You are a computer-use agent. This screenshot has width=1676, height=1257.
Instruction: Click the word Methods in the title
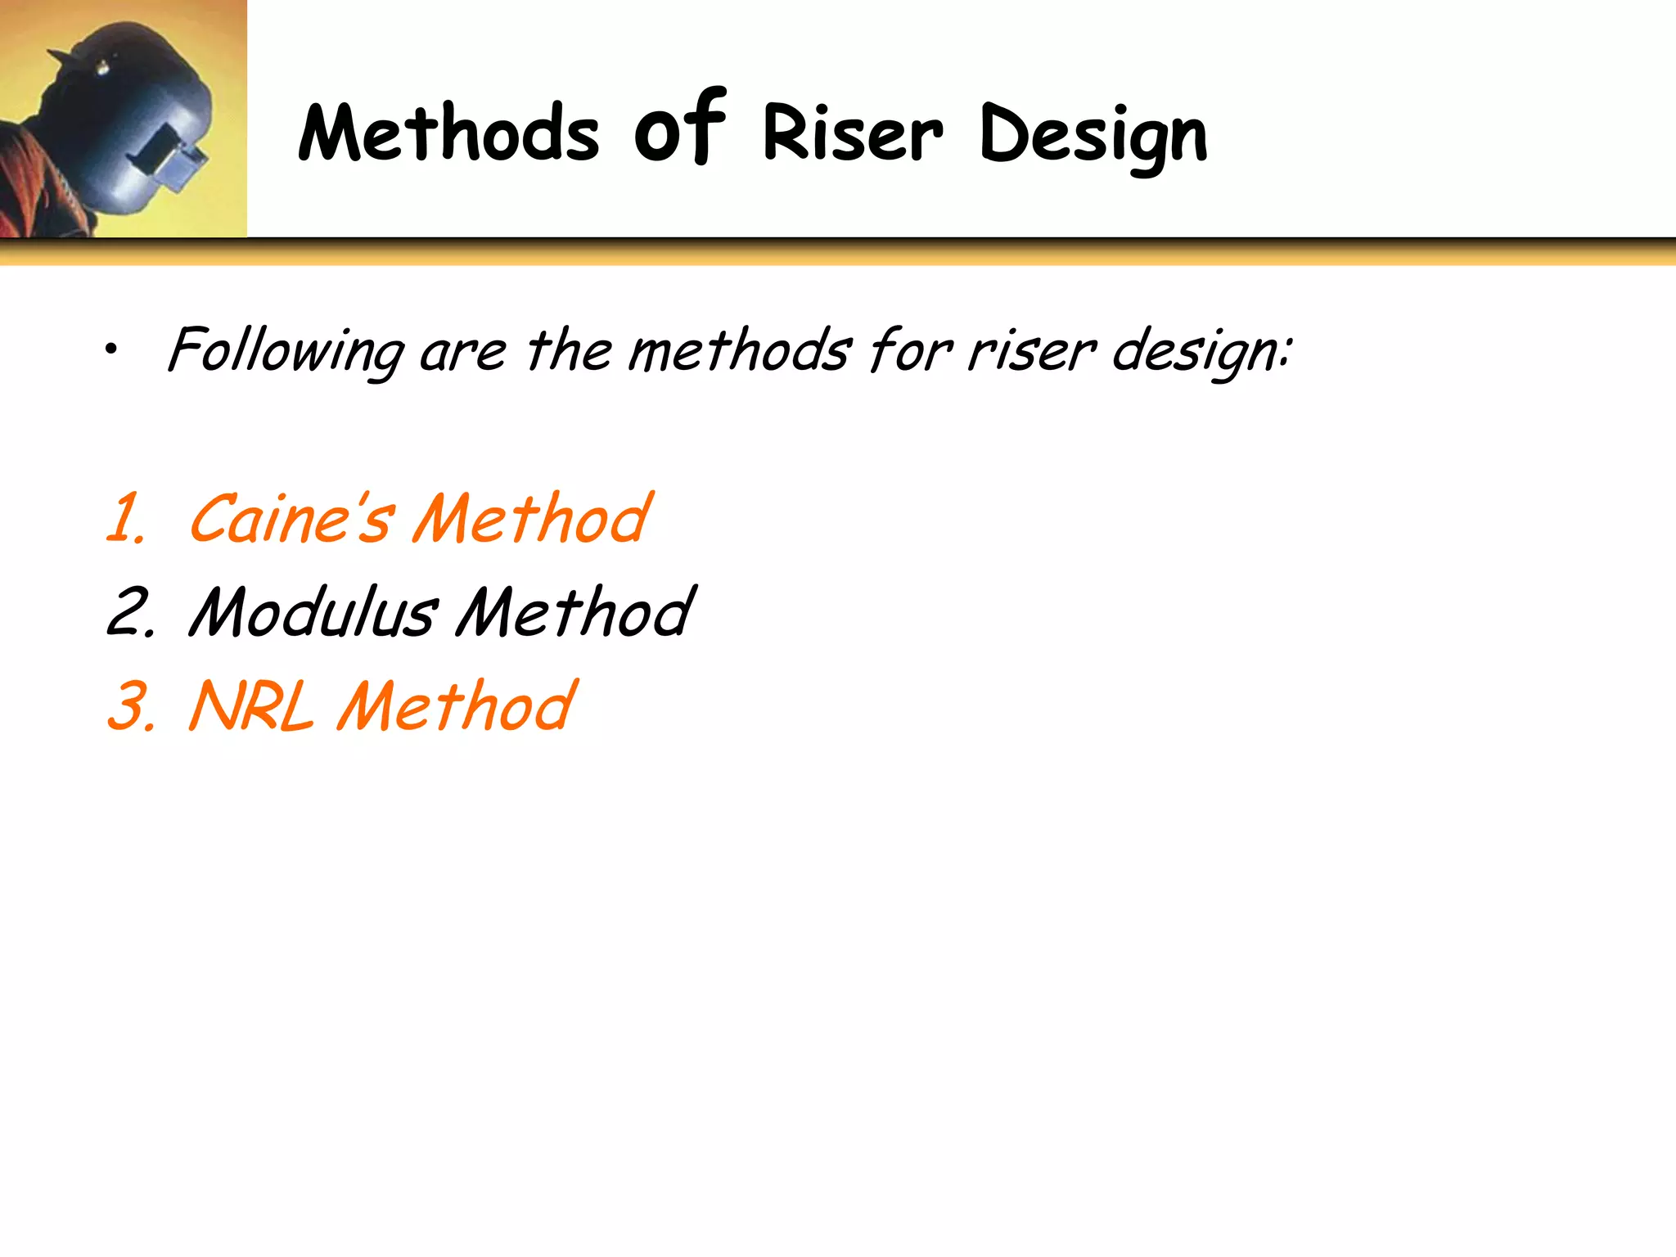pyautogui.click(x=448, y=133)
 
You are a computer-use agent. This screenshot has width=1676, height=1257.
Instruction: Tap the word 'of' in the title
pyautogui.click(x=679, y=129)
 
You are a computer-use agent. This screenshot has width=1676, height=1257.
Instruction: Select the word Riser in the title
pyautogui.click(x=853, y=133)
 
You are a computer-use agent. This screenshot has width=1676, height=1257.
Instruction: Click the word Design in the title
pyautogui.click(x=1093, y=136)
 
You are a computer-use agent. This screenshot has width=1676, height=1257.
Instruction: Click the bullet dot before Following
pyautogui.click(x=111, y=351)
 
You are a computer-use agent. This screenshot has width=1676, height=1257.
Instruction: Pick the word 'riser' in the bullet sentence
pyautogui.click(x=1030, y=352)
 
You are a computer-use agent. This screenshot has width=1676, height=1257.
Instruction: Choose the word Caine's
pyautogui.click(x=291, y=519)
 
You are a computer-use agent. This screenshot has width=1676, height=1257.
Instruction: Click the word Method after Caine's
pyautogui.click(x=532, y=519)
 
